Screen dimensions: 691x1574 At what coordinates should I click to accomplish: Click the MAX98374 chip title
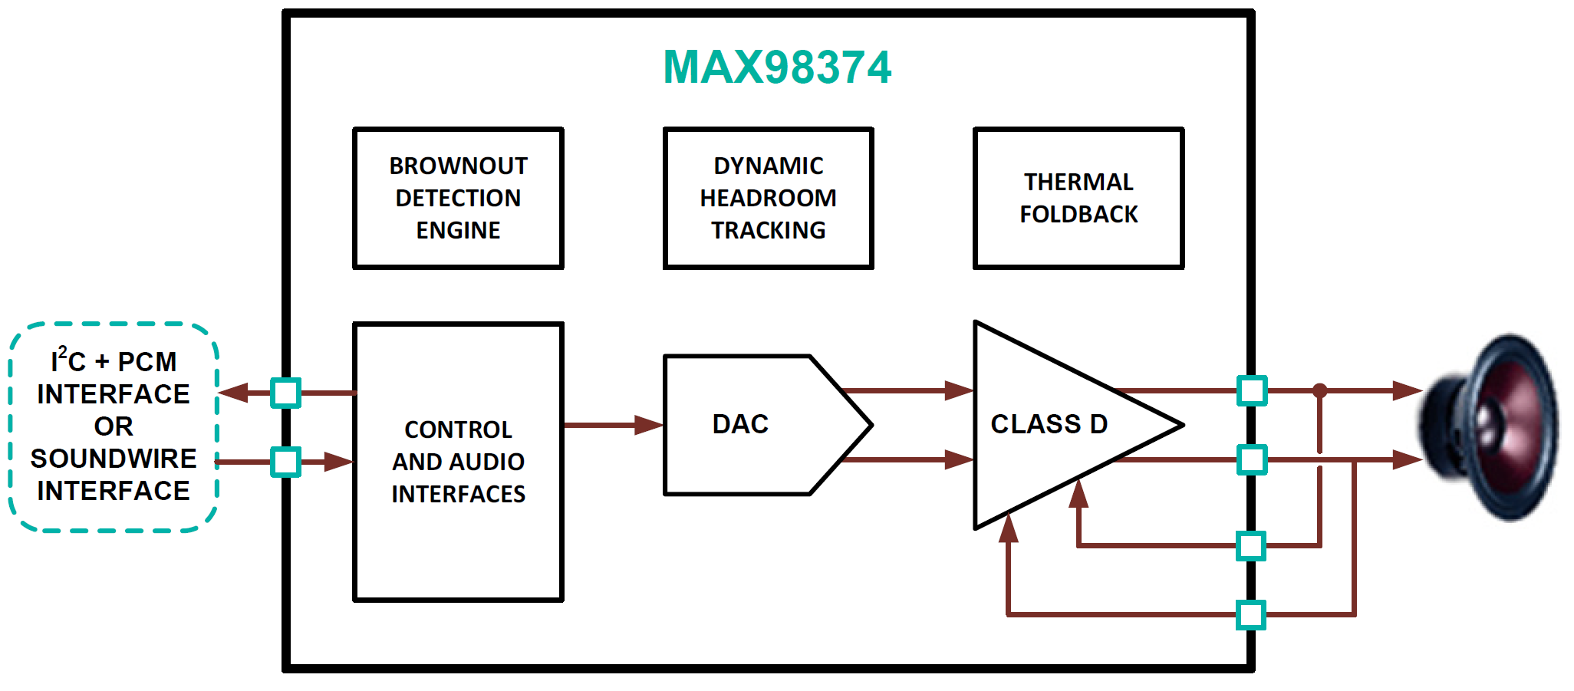pos(776,67)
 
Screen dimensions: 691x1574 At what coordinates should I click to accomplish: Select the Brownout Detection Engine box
pos(458,198)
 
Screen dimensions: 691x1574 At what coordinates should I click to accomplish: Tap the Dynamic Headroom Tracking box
pos(768,198)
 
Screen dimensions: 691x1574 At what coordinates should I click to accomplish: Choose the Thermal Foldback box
pos(1078,198)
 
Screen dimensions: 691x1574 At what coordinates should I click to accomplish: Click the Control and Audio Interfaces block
pos(458,462)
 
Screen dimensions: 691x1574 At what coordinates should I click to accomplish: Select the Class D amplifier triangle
pos(1051,424)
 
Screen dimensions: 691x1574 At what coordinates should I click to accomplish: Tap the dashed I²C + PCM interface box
pos(114,426)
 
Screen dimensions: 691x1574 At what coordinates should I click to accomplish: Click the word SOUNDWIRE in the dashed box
pos(114,459)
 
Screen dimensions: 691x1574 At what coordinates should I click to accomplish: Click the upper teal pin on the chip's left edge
pos(286,393)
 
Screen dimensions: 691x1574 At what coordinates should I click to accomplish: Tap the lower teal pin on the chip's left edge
pos(286,462)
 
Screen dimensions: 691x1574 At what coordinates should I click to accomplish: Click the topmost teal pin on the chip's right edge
pos(1252,390)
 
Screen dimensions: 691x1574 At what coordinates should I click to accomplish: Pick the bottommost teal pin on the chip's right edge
pos(1251,615)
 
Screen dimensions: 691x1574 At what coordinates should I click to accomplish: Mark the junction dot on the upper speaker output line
pos(1319,390)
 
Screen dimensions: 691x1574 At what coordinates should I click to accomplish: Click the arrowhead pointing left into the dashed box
pos(232,393)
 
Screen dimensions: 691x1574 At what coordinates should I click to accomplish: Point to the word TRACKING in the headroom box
pos(768,230)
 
